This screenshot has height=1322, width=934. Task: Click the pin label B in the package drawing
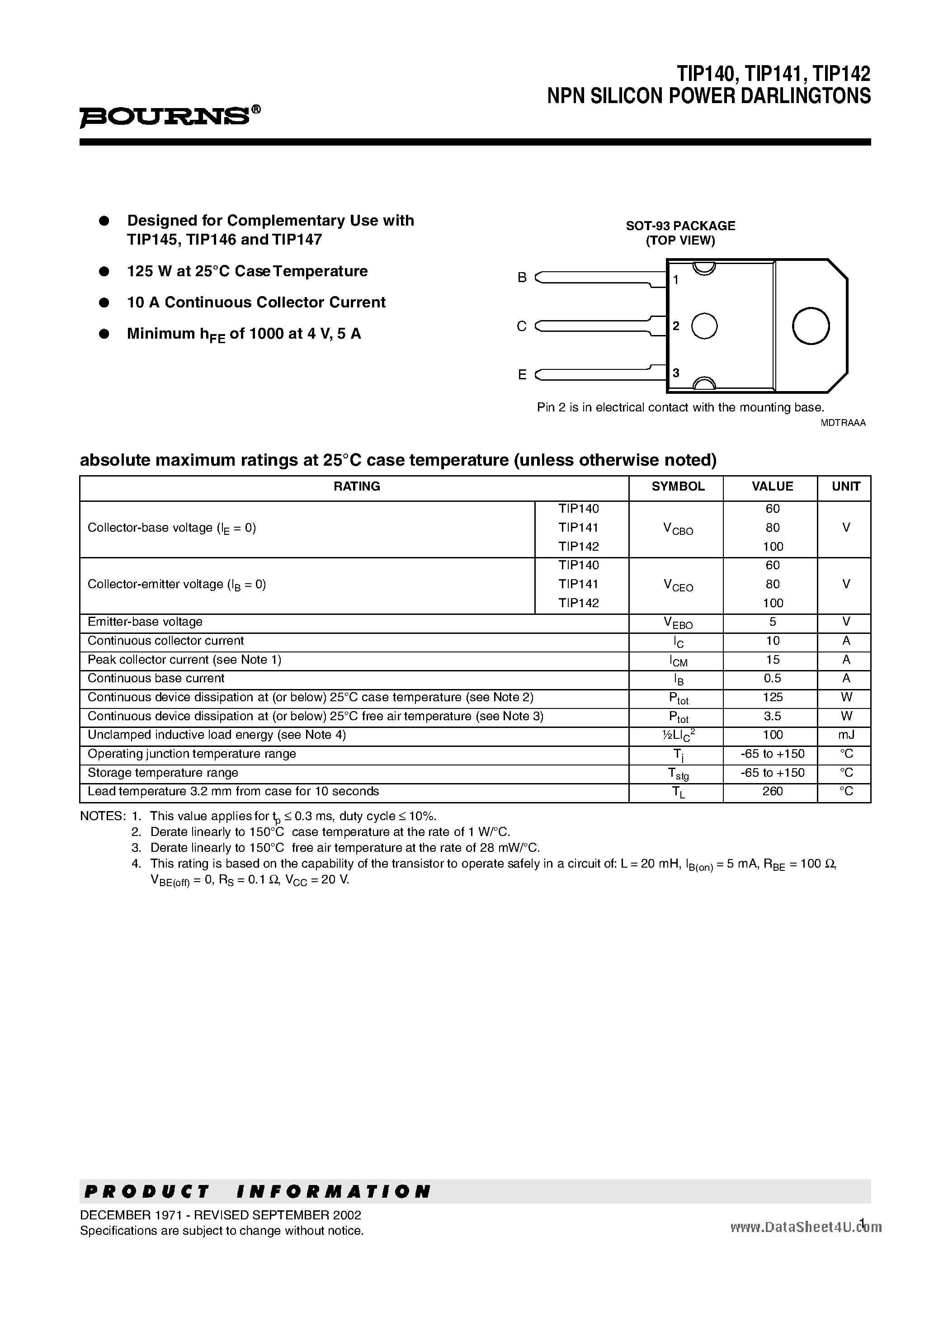pyautogui.click(x=522, y=278)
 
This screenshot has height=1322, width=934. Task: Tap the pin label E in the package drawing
pyautogui.click(x=522, y=375)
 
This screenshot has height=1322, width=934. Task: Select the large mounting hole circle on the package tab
pyautogui.click(x=810, y=326)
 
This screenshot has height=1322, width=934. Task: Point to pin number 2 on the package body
pyautogui.click(x=677, y=326)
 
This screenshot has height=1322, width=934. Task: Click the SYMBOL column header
pyautogui.click(x=678, y=486)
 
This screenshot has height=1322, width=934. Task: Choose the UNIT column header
pyautogui.click(x=845, y=486)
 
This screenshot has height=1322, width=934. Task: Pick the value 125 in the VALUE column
pyautogui.click(x=772, y=697)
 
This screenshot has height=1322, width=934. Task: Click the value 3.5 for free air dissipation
pyautogui.click(x=772, y=716)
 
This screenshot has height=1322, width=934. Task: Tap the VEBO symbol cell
pyautogui.click(x=678, y=623)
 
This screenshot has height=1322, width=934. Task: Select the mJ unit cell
pyautogui.click(x=845, y=735)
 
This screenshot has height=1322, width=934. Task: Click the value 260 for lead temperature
pyautogui.click(x=772, y=791)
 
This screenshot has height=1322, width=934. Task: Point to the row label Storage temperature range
pyautogui.click(x=162, y=773)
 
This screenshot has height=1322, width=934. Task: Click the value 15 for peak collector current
pyautogui.click(x=772, y=659)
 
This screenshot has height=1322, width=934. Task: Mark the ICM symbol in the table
pyautogui.click(x=678, y=661)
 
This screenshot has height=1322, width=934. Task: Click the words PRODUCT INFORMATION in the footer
pyautogui.click(x=257, y=1192)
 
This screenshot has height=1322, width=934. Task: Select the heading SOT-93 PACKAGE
pyautogui.click(x=680, y=226)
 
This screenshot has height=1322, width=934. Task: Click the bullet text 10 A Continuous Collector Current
pyautogui.click(x=256, y=302)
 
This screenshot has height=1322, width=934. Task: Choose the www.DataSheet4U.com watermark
pyautogui.click(x=806, y=1227)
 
